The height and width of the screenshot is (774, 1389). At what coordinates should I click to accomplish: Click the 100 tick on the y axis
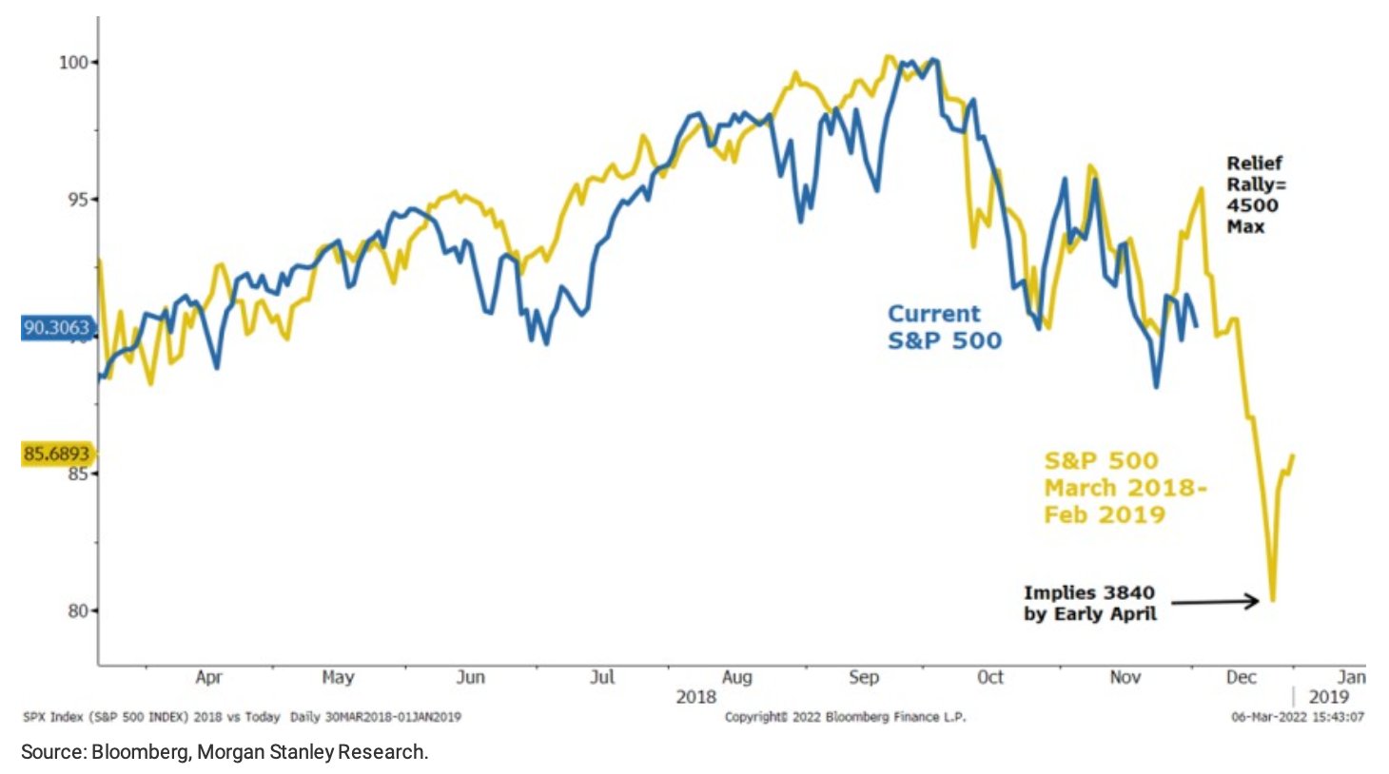pos(74,63)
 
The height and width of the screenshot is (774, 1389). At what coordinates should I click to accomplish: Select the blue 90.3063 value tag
pos(56,328)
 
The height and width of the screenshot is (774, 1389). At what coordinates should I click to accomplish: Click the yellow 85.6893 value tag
pos(56,454)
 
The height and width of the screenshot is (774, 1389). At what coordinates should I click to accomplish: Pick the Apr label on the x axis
pos(208,677)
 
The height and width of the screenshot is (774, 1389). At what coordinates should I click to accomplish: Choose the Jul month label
pos(602,677)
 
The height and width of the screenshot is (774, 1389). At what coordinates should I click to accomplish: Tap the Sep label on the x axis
pos(863,677)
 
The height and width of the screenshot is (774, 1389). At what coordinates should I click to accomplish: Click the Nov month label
pos(1125,677)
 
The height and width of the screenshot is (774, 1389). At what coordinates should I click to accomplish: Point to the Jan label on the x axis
pos(1351,677)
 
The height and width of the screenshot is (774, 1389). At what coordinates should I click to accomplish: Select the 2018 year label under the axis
pos(695,697)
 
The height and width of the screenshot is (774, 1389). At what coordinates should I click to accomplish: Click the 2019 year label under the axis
pos(1328,697)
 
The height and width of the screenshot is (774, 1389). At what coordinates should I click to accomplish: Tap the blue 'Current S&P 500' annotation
pos(944,327)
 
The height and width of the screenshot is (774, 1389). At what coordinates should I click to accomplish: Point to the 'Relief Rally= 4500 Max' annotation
pos(1255,195)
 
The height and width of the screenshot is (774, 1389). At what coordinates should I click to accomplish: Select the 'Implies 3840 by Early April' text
pos(1090,603)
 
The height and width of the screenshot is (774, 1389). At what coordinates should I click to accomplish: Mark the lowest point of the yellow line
pos(1272,600)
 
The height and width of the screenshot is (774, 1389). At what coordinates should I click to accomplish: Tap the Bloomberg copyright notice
pos(845,717)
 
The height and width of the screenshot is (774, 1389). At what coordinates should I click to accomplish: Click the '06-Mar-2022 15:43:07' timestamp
pos(1297,717)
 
